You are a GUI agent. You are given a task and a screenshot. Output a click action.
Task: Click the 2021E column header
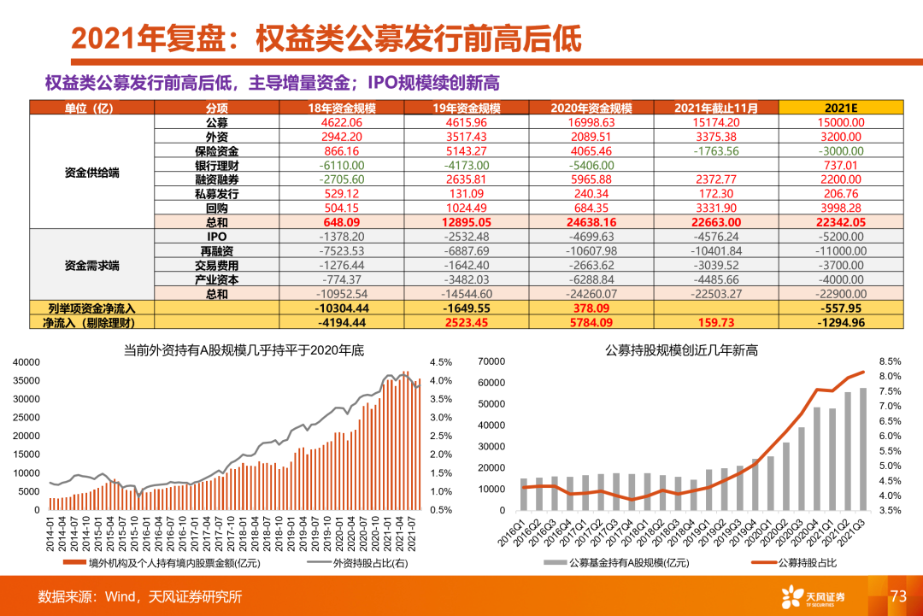pyautogui.click(x=841, y=108)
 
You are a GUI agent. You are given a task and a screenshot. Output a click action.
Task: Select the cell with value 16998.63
pyautogui.click(x=591, y=122)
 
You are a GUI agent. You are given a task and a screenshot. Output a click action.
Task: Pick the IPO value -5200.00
pyautogui.click(x=841, y=237)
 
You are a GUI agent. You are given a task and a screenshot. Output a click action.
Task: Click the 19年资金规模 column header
pyautogui.click(x=466, y=108)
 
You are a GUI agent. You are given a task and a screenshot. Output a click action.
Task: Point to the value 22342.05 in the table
pyautogui.click(x=841, y=222)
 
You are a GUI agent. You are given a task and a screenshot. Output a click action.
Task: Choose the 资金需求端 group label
pyautogui.click(x=91, y=265)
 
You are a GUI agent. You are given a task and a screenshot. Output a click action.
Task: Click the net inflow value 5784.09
pyautogui.click(x=591, y=323)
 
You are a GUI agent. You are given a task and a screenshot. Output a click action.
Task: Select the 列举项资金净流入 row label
pyautogui.click(x=91, y=308)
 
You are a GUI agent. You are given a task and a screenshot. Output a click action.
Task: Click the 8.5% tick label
pyautogui.click(x=889, y=362)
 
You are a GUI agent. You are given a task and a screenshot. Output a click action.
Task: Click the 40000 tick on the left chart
pyautogui.click(x=26, y=362)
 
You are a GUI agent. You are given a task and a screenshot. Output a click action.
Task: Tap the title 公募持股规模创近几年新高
pyautogui.click(x=681, y=349)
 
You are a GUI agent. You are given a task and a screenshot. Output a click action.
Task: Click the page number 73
pyautogui.click(x=897, y=596)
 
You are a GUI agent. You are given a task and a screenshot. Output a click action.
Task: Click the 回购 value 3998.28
pyautogui.click(x=841, y=208)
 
